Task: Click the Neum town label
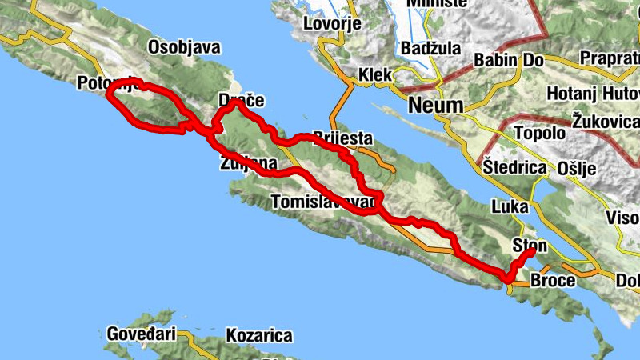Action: tap(435, 105)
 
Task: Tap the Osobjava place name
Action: tap(184, 48)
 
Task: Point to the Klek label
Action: tap(375, 75)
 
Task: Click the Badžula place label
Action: tap(431, 48)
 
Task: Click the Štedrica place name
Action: tap(515, 168)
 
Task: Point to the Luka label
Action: tap(510, 206)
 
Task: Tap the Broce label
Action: tap(553, 281)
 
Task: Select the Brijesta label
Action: tap(343, 138)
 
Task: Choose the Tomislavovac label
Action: tap(323, 203)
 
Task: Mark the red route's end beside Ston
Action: tap(531, 252)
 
